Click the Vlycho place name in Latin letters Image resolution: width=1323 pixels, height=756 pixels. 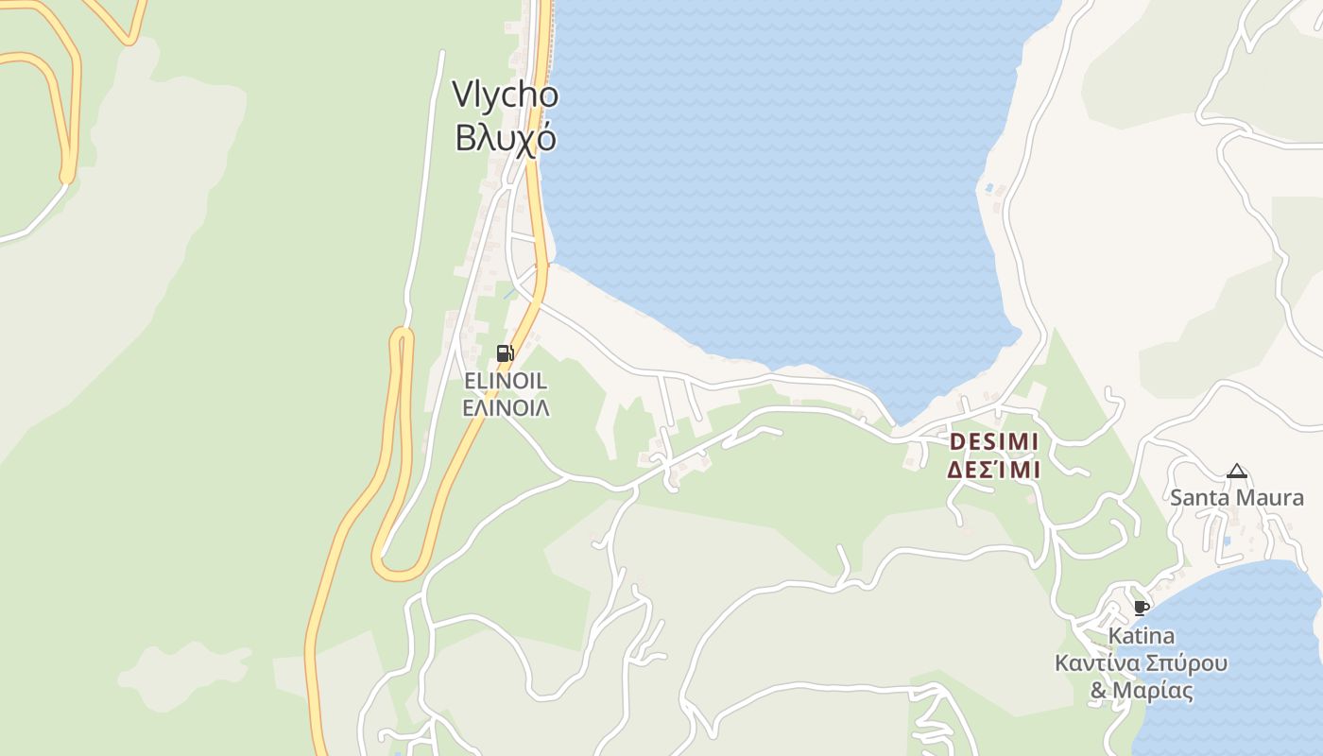pos(505,95)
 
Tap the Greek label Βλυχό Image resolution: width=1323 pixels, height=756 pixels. pos(505,138)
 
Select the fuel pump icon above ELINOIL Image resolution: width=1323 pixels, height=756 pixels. pos(506,353)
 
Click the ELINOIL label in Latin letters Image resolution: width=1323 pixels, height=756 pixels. pos(506,381)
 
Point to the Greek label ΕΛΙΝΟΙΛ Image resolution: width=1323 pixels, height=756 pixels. pos(506,408)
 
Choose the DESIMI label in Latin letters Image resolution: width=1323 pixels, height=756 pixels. pos(993,442)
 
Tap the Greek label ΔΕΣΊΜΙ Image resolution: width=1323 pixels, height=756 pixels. pos(993,470)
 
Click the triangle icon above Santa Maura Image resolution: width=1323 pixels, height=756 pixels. pos(1236,471)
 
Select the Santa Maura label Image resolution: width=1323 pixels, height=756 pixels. pos(1236,497)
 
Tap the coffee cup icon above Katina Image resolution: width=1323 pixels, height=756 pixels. pos(1141,608)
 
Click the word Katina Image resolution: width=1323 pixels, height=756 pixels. pos(1142,635)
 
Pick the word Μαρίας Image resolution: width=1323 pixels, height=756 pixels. pos(1152,691)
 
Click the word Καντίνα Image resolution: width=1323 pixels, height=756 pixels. pos(1098,662)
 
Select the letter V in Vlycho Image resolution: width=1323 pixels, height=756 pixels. pos(461,95)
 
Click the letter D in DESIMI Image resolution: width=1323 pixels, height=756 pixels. pos(955,442)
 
